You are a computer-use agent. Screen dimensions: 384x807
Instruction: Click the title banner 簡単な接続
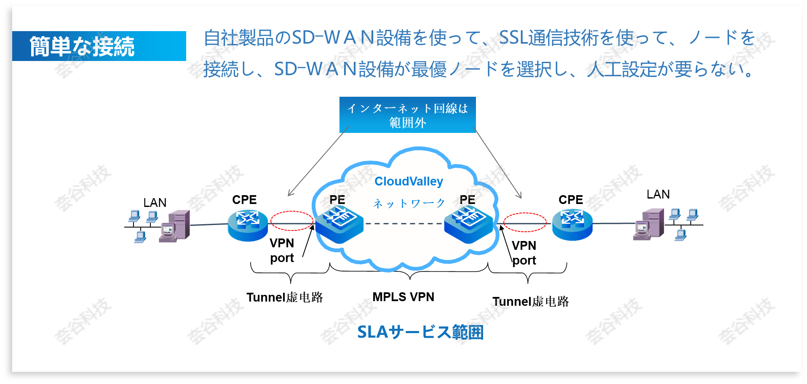coord(99,46)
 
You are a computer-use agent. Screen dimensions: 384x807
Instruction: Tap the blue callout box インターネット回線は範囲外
coord(407,115)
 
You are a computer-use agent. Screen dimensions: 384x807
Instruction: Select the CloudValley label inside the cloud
coord(409,181)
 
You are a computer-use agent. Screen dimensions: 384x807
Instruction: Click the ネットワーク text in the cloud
coord(409,204)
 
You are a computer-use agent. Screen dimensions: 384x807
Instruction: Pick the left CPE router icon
coord(248,225)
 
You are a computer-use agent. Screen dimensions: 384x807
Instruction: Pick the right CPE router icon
coord(572,225)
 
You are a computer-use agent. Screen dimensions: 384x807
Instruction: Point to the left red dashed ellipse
coord(291,221)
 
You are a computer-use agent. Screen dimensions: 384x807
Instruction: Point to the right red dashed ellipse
coord(525,222)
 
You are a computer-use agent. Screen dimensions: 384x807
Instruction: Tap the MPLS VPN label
coord(403,297)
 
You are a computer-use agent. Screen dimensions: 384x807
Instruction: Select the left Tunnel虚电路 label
coord(285,297)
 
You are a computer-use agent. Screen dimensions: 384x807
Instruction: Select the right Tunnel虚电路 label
coord(531,302)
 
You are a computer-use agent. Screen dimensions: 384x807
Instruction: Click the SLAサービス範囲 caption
coord(420,332)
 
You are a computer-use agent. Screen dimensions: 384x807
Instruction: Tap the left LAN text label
coord(155,203)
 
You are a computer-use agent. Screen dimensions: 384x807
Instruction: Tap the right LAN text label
coord(658,194)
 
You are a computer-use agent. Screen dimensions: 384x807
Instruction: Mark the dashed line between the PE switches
coord(403,223)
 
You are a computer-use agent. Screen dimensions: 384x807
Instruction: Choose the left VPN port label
coord(282,250)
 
